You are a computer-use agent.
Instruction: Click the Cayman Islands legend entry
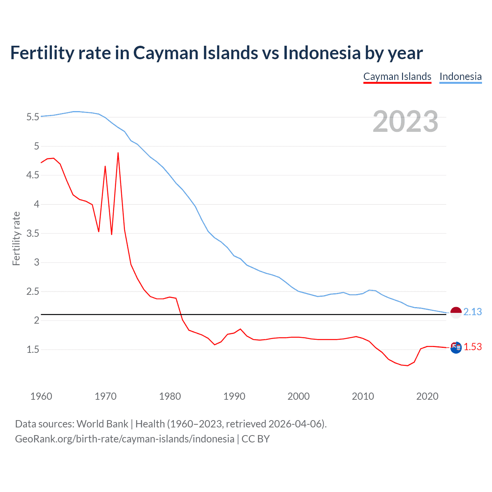tap(397, 76)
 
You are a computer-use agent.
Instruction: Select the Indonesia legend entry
tap(460, 76)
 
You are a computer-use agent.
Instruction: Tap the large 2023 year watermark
tap(406, 121)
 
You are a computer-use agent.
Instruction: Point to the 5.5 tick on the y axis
tap(33, 117)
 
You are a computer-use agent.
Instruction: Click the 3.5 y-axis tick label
tap(33, 233)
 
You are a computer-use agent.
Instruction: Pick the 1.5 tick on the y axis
tap(33, 349)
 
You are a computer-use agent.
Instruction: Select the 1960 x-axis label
tap(41, 396)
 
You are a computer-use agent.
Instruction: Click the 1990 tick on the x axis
tap(234, 396)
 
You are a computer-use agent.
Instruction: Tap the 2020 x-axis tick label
tap(427, 396)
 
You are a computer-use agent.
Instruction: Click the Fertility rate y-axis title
tap(16, 238)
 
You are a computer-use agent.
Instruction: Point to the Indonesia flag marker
tap(455, 313)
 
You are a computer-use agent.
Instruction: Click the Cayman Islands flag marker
tap(455, 347)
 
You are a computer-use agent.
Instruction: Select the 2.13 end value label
tap(472, 312)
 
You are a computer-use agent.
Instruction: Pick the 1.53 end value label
tap(472, 347)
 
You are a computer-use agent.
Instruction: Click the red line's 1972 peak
tap(118, 153)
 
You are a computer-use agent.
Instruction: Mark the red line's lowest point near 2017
tap(407, 366)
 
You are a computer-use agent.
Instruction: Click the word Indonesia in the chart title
tap(321, 53)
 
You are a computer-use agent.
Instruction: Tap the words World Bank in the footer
tap(102, 424)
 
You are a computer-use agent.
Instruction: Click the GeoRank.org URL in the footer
tap(125, 439)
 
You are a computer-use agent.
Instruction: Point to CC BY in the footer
tap(256, 439)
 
